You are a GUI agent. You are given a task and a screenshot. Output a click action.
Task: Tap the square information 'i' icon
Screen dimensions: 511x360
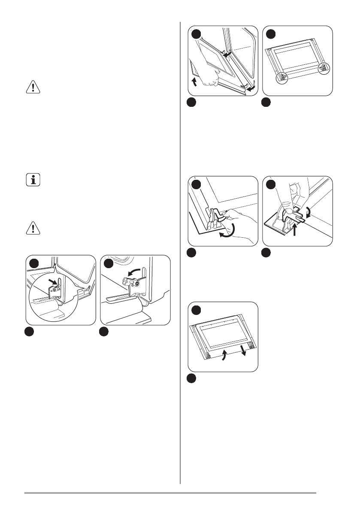coord(32,179)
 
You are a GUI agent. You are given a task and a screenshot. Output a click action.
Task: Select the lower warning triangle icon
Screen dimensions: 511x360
coord(32,230)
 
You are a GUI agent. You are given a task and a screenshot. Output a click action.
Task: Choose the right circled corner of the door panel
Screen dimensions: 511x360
coord(324,68)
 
